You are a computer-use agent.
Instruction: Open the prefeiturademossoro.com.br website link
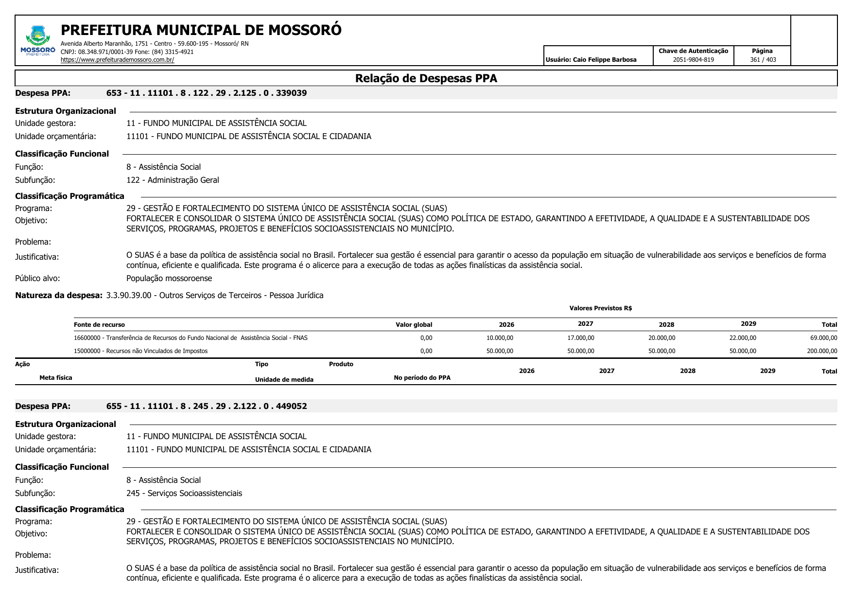click(x=117, y=60)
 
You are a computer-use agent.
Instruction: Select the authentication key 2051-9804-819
click(x=693, y=60)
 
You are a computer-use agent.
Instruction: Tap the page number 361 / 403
click(x=763, y=60)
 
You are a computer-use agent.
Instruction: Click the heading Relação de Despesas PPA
click(x=426, y=78)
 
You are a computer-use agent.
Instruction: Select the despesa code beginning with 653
click(x=207, y=93)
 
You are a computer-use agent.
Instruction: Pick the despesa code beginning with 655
click(x=207, y=406)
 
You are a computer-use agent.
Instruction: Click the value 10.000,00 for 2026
click(x=500, y=338)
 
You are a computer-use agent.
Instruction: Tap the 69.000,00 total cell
click(x=823, y=338)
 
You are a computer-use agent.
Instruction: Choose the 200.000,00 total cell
click(x=822, y=351)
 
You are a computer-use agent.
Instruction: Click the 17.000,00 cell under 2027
click(x=581, y=338)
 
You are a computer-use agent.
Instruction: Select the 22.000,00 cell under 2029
click(x=743, y=338)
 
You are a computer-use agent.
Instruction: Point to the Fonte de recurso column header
click(x=99, y=325)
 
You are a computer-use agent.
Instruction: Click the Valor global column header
click(x=414, y=325)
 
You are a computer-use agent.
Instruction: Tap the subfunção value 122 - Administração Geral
click(x=173, y=180)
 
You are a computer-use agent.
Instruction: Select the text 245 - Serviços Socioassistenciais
click(x=184, y=493)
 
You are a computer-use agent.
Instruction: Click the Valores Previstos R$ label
click(x=600, y=308)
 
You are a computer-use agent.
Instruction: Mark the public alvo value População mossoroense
click(x=169, y=278)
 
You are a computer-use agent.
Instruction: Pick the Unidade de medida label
click(x=284, y=380)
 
